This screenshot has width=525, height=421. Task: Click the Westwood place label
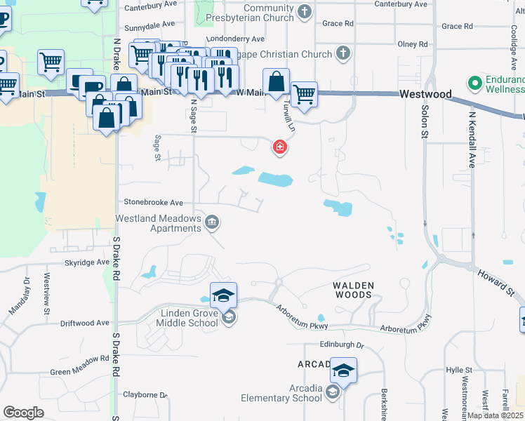(425, 94)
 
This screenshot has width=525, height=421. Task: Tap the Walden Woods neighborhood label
(353, 290)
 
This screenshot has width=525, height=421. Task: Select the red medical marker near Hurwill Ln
(279, 147)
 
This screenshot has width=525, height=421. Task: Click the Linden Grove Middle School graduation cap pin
(223, 295)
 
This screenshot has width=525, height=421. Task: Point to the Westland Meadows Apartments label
(159, 223)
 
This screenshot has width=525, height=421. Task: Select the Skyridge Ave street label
(87, 262)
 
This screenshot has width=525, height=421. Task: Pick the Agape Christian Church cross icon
(343, 53)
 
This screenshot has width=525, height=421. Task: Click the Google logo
(23, 413)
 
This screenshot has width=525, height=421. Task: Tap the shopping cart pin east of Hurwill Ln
(303, 94)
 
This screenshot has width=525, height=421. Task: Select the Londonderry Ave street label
(235, 39)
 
